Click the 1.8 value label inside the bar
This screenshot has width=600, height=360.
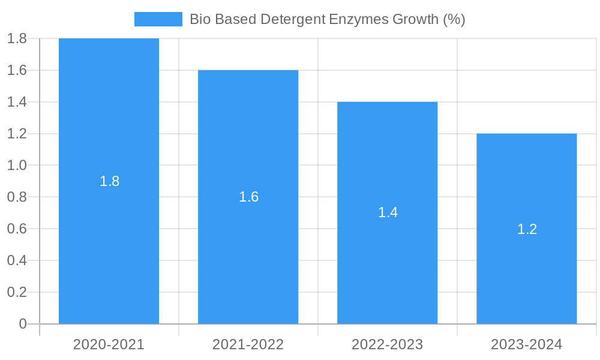point(109,181)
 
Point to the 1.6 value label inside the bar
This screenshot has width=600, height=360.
point(248,197)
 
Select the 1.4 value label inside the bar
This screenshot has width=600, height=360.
point(388,212)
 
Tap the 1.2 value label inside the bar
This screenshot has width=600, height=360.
point(527,229)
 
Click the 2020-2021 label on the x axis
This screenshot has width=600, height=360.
point(109,344)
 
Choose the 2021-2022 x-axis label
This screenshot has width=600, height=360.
point(248,344)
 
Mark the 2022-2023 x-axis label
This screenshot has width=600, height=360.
point(387,344)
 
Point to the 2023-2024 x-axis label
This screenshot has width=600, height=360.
point(526,344)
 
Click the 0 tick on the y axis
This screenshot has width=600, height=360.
point(23,324)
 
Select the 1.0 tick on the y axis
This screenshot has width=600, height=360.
point(17,166)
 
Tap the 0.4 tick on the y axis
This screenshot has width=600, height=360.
point(17,260)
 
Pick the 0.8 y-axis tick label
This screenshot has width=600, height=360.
point(17,197)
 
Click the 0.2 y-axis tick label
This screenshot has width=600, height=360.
point(17,292)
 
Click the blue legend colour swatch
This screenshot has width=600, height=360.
point(158,19)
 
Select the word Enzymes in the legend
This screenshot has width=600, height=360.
point(358,19)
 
